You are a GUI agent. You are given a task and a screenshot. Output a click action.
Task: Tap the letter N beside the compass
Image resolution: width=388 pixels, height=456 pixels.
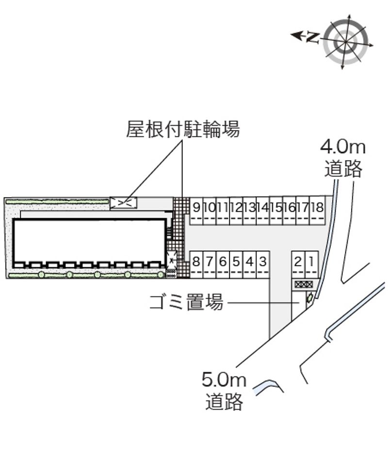313,36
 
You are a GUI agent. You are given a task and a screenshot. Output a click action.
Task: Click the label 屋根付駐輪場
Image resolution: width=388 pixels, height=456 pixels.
183,130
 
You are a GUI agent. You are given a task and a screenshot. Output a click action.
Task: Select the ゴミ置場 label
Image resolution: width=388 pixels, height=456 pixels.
186,303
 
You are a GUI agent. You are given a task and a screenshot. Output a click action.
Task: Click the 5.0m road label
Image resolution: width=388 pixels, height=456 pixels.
224,391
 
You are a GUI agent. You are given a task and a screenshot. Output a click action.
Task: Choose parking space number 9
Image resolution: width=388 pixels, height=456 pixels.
196,208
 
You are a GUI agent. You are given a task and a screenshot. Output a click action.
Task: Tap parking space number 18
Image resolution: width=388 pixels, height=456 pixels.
317,208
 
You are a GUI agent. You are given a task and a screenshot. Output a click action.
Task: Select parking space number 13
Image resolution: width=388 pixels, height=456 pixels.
250,208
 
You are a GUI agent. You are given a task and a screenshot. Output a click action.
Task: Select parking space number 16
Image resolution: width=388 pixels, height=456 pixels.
290,208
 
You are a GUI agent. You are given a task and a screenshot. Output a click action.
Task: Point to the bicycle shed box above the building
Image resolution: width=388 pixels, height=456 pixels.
123,203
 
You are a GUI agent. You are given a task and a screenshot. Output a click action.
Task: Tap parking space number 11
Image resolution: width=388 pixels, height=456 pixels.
223,208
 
